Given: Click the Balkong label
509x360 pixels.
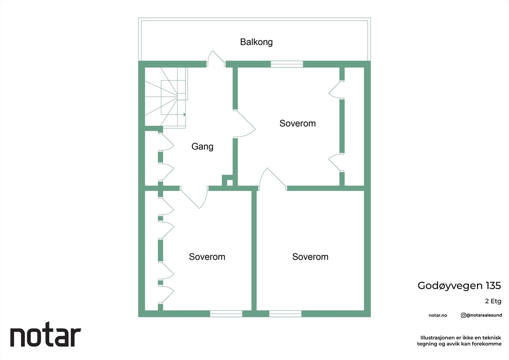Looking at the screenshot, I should click(256, 42).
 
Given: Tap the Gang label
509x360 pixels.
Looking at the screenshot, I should click(202, 146).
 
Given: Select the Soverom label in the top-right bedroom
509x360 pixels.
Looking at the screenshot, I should click(297, 123).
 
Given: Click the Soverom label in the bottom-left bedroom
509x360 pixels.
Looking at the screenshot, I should click(207, 257).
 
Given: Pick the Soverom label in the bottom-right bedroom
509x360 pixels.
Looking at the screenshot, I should click(310, 257).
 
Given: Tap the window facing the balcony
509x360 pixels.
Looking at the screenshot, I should click(287, 64).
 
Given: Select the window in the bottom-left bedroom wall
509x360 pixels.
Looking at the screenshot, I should click(226, 314).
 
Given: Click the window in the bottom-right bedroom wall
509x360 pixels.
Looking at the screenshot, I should click(285, 314).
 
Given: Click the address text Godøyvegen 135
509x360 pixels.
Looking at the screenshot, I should click(459, 286).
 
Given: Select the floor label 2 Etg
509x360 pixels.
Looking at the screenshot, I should click(493, 301).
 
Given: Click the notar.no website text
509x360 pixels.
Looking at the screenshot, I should click(438, 315).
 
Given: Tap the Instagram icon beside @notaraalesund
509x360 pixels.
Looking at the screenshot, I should click(464, 315).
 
